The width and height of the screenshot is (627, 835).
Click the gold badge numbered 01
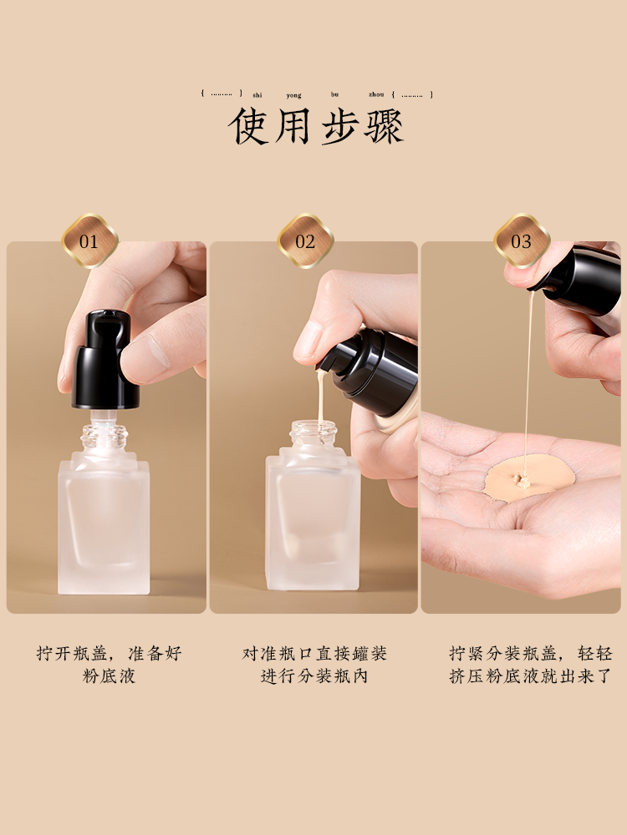pos(89,240)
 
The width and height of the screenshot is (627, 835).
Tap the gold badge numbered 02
pos(305,240)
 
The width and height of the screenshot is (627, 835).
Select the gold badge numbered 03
pos(522,240)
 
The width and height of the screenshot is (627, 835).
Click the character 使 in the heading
pos(248,126)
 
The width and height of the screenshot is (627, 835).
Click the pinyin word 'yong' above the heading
pos(293,95)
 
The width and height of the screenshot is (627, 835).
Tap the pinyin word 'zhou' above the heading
pos(376,94)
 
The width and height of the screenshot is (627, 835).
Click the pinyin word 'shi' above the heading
pos(257,95)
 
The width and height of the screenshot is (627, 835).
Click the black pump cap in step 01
pos(105,360)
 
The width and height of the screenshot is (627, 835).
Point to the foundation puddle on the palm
pos(529,478)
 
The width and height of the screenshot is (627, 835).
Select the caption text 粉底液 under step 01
pos(109,676)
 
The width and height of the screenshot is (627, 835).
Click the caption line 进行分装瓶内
pos(314,676)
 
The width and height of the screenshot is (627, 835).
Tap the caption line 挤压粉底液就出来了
pos(531,676)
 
